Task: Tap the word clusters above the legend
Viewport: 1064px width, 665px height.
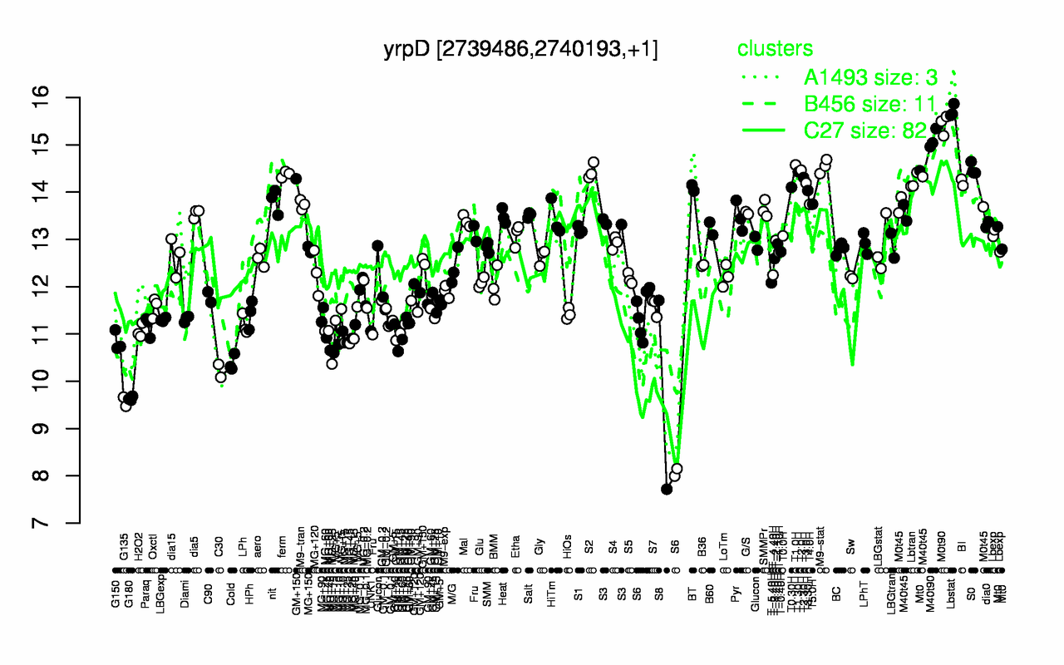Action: tap(775, 49)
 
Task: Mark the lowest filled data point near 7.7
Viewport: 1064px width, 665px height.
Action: tap(667, 489)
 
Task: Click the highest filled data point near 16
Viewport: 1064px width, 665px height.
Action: tap(953, 104)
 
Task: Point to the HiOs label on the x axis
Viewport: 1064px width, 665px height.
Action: tap(568, 552)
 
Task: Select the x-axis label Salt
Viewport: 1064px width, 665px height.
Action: tap(529, 550)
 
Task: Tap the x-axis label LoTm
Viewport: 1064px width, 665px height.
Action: tap(726, 552)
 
